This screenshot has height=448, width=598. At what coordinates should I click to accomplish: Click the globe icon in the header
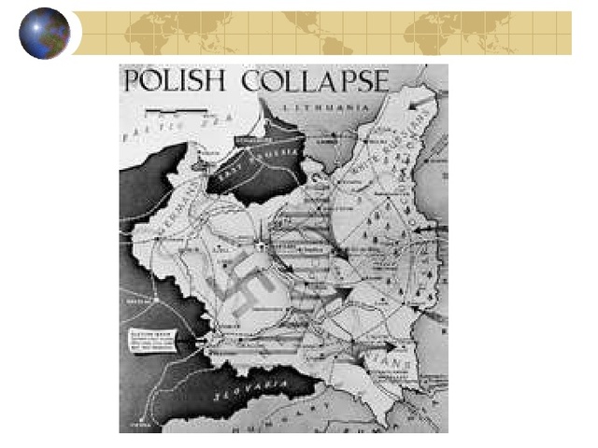(44, 33)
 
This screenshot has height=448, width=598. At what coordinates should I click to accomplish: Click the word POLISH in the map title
(175, 80)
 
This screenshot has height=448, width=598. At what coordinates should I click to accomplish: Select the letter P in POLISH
(132, 80)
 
